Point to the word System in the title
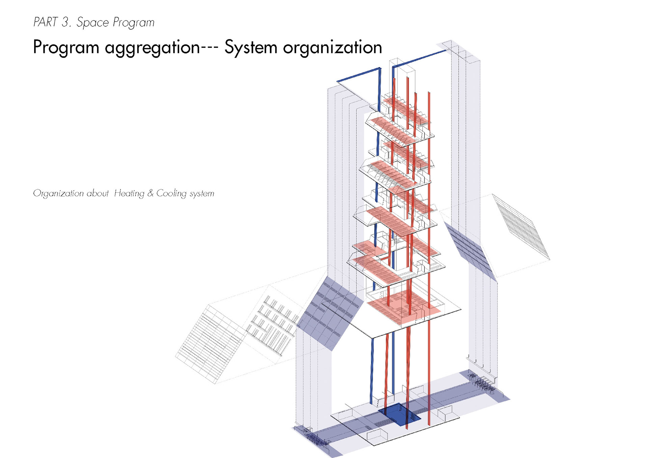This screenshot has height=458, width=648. (x=251, y=47)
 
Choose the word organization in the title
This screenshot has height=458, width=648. (x=332, y=47)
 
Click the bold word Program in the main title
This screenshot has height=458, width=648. (x=66, y=48)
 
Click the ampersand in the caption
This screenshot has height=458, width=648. (x=150, y=193)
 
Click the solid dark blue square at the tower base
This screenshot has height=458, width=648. (x=399, y=414)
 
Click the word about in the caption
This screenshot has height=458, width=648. (x=98, y=194)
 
